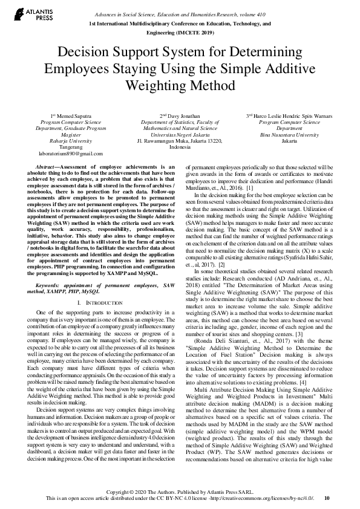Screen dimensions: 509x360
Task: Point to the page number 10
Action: [327, 499]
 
